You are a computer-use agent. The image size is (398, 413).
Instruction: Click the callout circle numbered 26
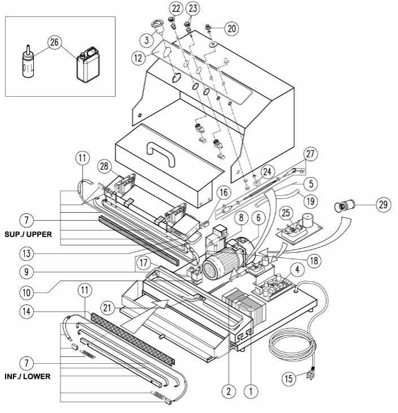[x=55, y=43]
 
